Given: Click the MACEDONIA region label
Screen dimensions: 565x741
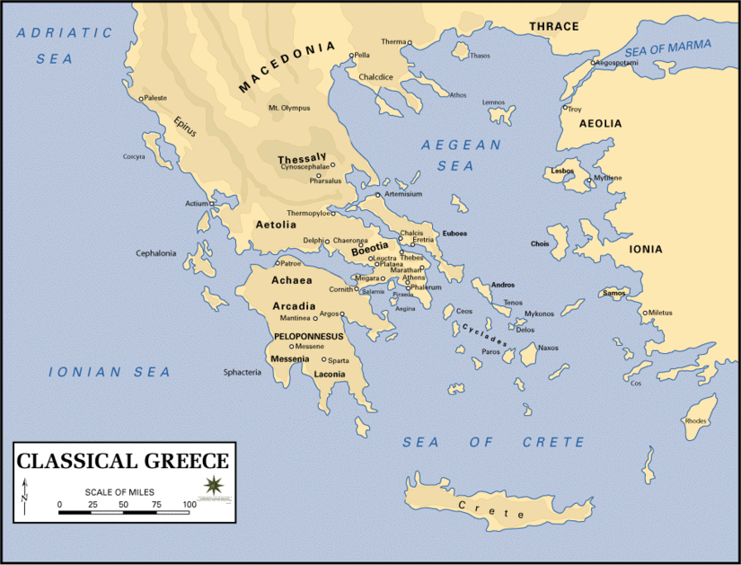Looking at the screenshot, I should (x=287, y=67).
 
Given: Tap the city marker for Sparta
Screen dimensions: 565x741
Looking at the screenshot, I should (x=324, y=359).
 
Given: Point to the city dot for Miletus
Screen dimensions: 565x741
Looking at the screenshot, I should (x=644, y=313).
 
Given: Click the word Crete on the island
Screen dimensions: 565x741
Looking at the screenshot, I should (x=491, y=510).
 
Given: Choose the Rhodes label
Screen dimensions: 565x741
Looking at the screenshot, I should (x=696, y=420).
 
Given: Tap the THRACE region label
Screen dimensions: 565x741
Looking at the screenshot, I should (x=553, y=26).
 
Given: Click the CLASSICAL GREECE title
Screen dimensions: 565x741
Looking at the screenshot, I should (x=123, y=462).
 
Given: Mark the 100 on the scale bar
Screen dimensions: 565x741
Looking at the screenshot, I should (x=190, y=505).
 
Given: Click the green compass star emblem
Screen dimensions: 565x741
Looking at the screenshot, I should (x=214, y=486).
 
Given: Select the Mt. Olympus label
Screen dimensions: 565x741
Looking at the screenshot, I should (x=288, y=108).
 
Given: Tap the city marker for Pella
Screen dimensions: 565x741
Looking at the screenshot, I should (x=351, y=56).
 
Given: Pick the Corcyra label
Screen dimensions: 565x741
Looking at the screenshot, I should (x=134, y=156).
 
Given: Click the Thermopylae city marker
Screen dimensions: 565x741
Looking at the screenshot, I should (x=332, y=213).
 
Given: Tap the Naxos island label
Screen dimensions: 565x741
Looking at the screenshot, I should (x=548, y=348).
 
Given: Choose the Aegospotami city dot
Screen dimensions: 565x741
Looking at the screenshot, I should (x=593, y=63).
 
